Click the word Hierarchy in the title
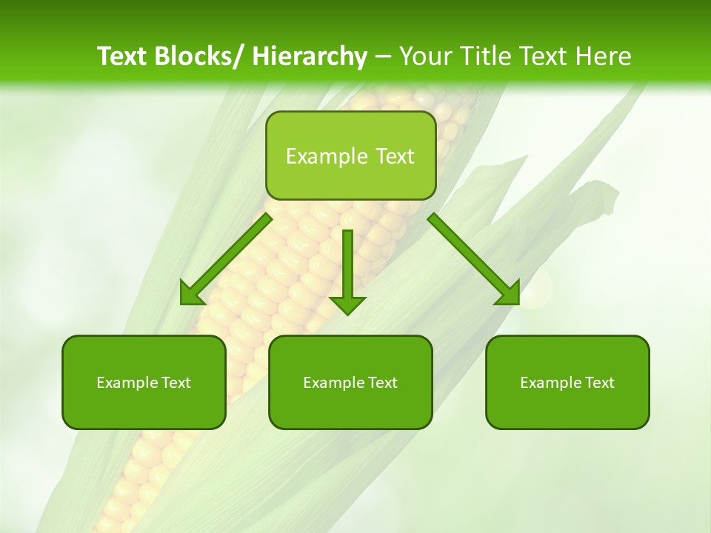pos(309,56)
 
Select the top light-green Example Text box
pos(350,155)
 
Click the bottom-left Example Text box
pos(144,382)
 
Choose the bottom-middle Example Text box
pos(350,382)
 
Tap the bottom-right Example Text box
pos(567,382)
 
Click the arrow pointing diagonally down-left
pos(226,260)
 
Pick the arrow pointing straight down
pos(347,270)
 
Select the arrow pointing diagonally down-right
pos(474,259)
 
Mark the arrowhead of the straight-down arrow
pos(347,305)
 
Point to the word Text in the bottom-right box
pos(600,383)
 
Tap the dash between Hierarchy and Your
pos(383,57)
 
